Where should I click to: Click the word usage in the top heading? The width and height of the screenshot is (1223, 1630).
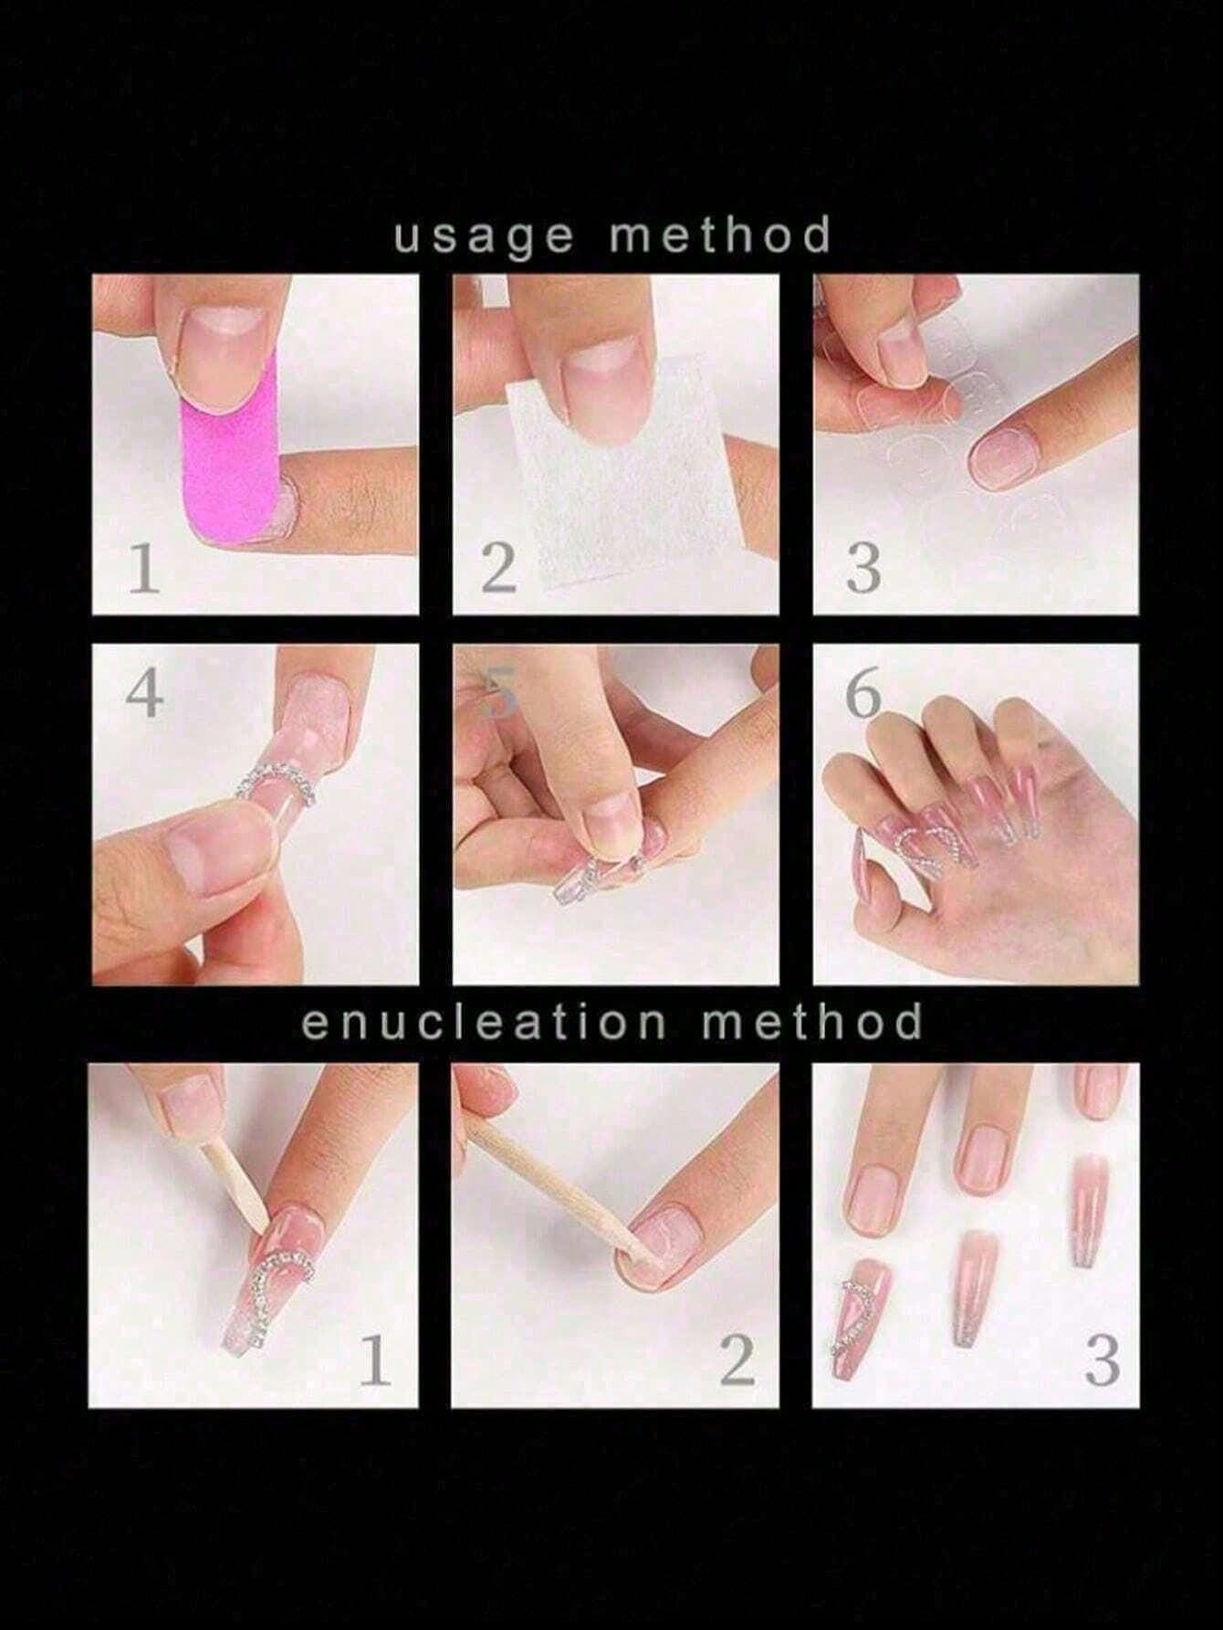(x=485, y=237)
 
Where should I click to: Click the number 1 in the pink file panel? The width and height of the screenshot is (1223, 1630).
(x=143, y=568)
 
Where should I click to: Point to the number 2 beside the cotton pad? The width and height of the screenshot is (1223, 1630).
(x=499, y=568)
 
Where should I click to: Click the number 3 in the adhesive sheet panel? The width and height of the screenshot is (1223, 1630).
(x=862, y=568)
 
